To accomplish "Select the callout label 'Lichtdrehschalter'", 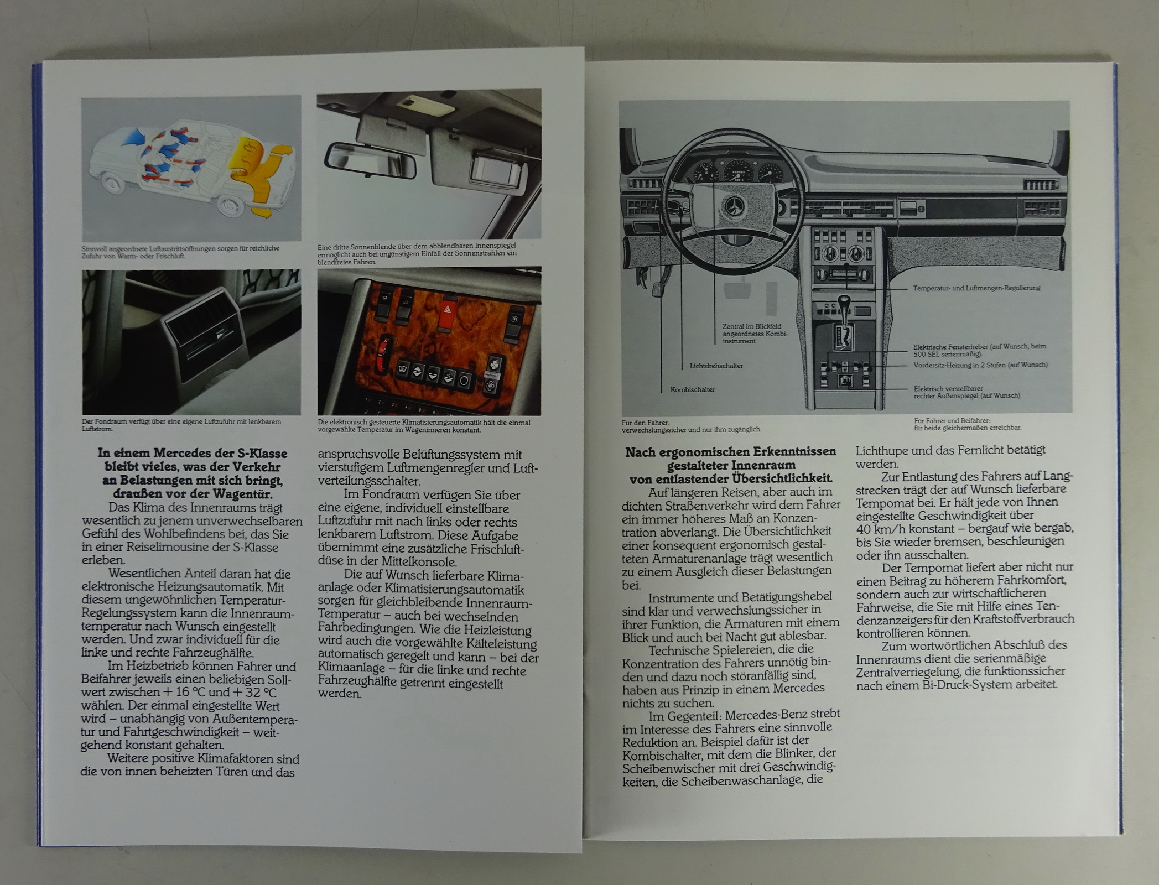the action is (716, 366).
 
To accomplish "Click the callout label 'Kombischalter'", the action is (693, 389).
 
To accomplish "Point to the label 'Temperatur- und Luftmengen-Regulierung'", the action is (976, 288).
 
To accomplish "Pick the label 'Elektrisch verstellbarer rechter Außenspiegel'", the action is (967, 392).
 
